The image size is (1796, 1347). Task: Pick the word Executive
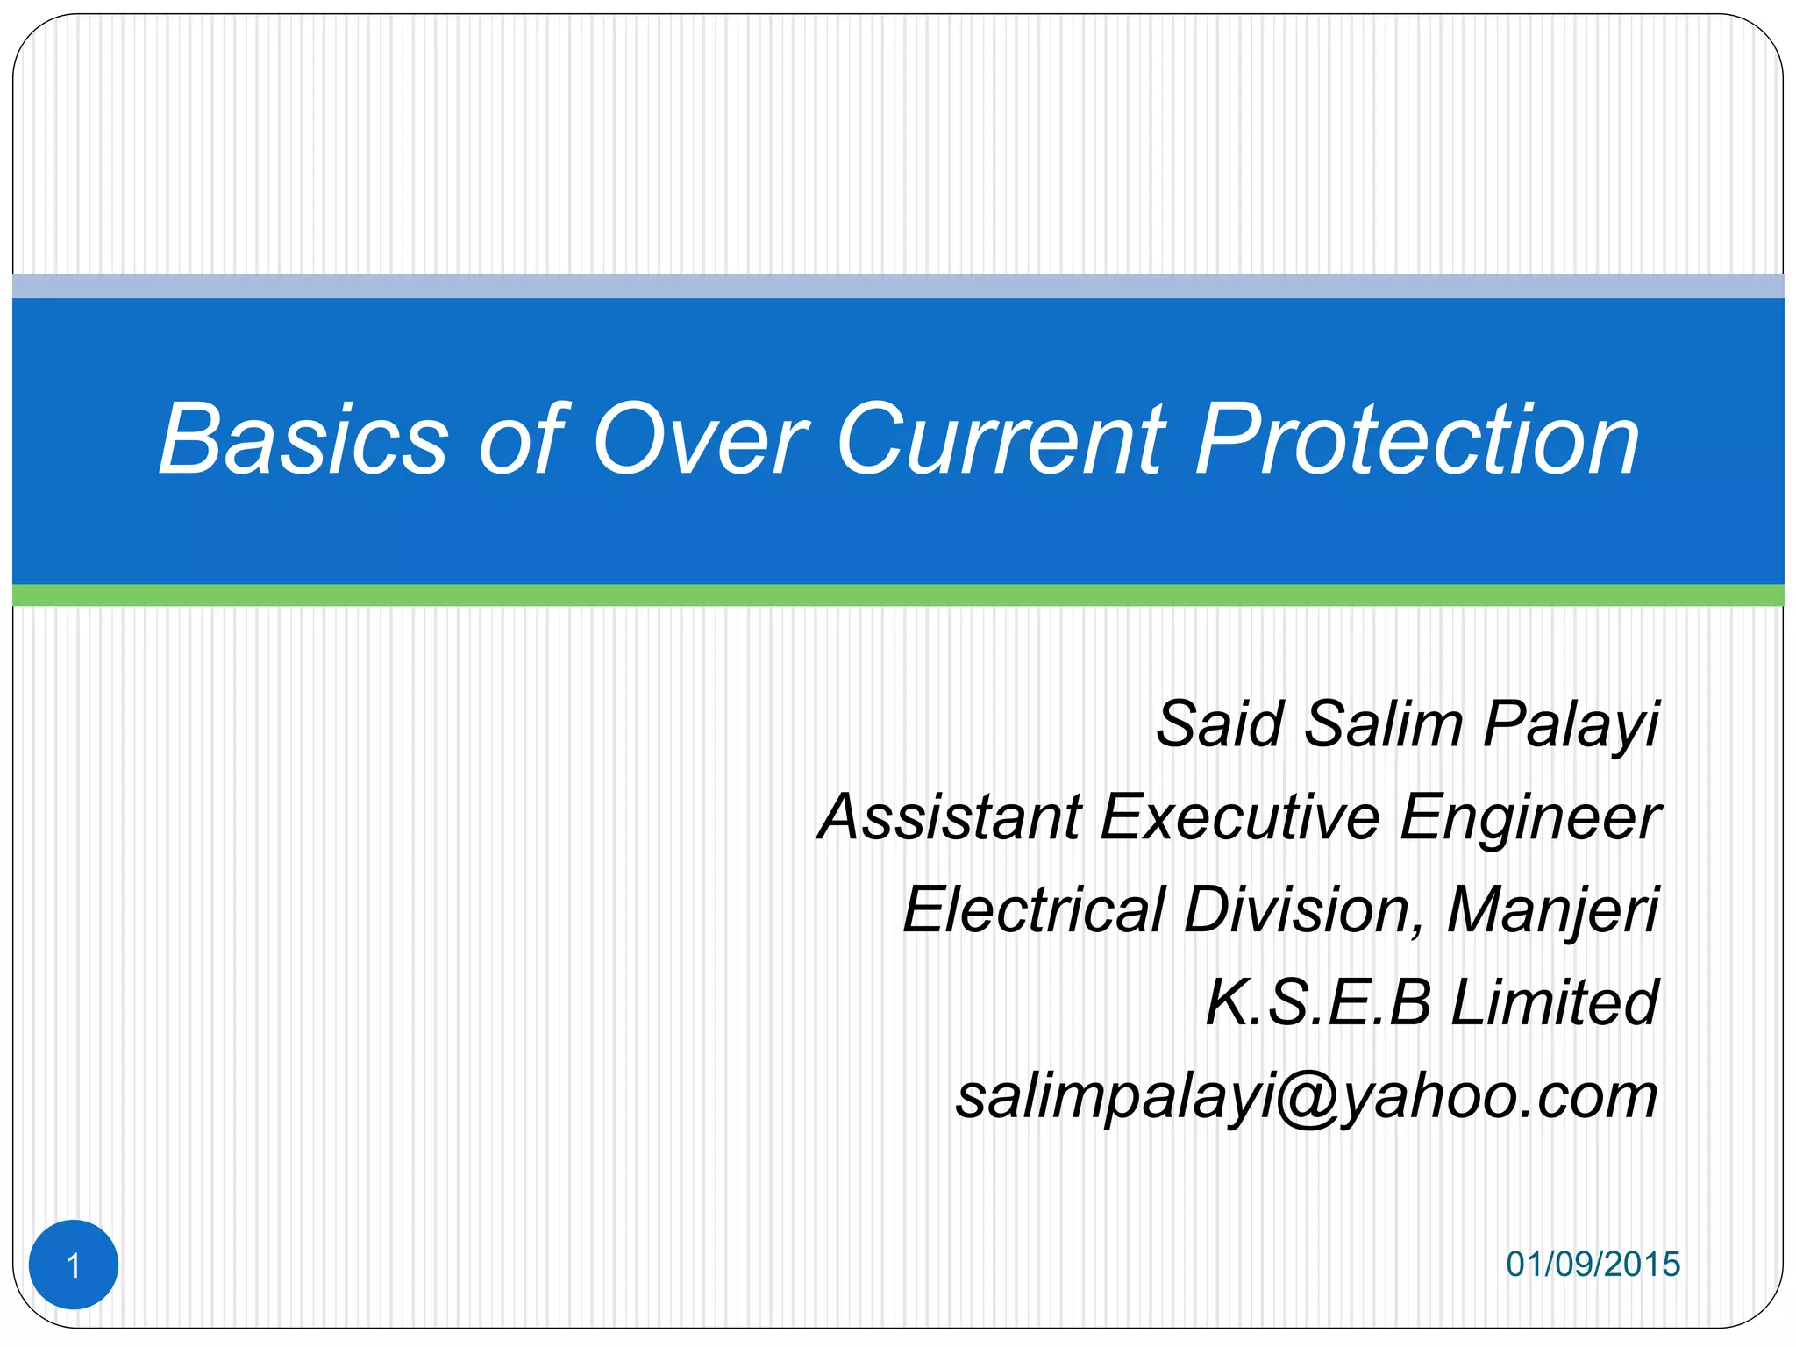[x=1240, y=817]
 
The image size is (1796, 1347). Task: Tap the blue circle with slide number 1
[x=74, y=1265]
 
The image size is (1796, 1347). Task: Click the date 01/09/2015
[x=1593, y=1265]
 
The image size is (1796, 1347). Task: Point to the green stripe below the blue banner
[x=898, y=595]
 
